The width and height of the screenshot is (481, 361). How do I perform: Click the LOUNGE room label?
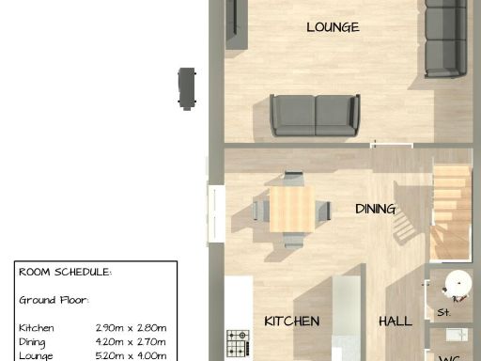click(x=333, y=27)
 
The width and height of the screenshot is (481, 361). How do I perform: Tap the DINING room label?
click(x=375, y=209)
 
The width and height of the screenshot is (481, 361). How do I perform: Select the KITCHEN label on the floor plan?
click(x=291, y=321)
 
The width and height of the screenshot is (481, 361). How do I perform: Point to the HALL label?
click(x=395, y=321)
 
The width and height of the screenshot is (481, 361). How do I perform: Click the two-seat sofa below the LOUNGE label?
click(x=315, y=116)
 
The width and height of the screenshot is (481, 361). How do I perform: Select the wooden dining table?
click(x=290, y=209)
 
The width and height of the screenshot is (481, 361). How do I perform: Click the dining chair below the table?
click(x=293, y=239)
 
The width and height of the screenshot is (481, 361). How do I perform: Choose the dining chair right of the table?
click(x=321, y=210)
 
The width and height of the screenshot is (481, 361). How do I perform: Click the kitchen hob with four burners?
click(x=238, y=337)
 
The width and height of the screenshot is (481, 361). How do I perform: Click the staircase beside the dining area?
click(x=450, y=210)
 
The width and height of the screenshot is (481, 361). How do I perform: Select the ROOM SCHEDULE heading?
click(x=65, y=272)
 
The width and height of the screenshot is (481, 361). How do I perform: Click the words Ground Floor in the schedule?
click(x=54, y=300)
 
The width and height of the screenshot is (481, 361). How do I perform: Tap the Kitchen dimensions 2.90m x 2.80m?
click(x=131, y=327)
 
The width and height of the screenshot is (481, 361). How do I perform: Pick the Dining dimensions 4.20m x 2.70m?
click(x=131, y=341)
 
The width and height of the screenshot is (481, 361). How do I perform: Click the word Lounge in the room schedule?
click(x=37, y=355)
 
